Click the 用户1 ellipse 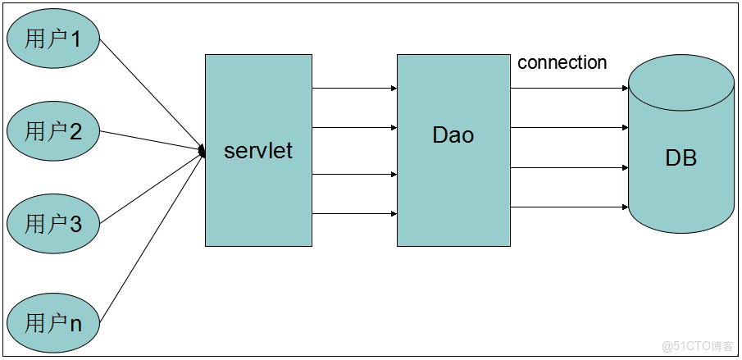point(53,39)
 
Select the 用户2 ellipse point(53,131)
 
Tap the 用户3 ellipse point(53,223)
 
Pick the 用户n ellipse point(53,323)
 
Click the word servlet point(258,150)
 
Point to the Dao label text point(453,134)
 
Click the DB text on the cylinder point(681,157)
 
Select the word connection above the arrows point(562,62)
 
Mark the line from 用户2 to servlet point(152,141)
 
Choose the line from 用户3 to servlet point(152,187)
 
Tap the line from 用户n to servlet point(152,238)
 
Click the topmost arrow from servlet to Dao point(354,88)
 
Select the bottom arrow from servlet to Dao point(354,214)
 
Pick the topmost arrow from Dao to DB point(569,88)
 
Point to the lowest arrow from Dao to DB point(569,207)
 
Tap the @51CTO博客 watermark point(697,346)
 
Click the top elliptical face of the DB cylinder point(681,83)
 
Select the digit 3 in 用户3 point(75,224)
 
